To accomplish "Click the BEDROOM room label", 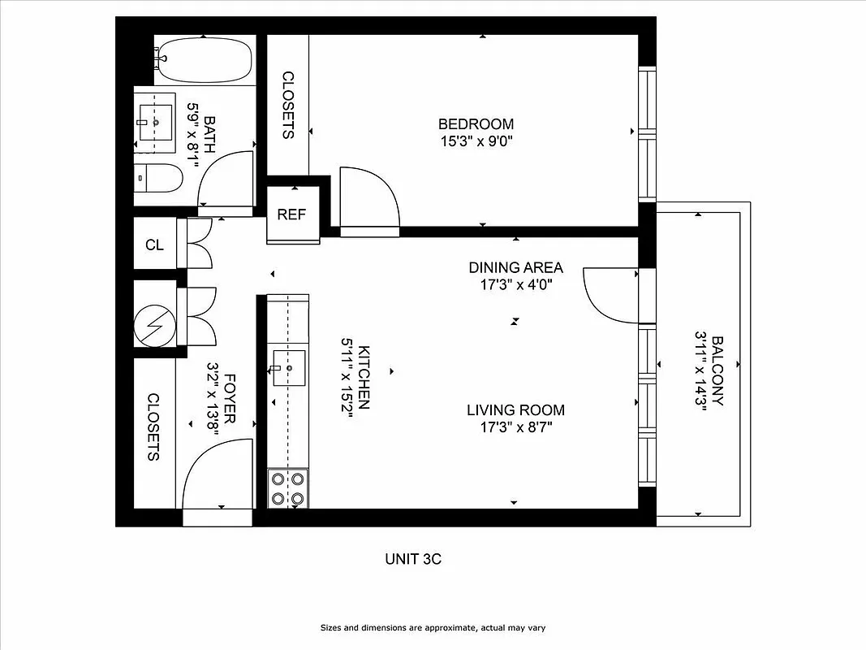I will click(476, 124).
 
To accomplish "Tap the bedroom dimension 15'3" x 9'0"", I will click(476, 141).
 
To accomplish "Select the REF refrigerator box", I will click(291, 214).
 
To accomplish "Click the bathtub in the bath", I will click(204, 58).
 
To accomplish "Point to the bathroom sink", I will click(154, 123).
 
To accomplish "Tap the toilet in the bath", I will click(159, 178).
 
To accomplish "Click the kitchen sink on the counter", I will click(288, 368).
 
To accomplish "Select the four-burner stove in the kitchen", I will click(288, 488).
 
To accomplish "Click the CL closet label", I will click(154, 244).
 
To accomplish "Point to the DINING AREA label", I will click(515, 267).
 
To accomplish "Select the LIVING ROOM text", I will click(515, 410).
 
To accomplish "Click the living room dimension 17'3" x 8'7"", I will click(515, 427).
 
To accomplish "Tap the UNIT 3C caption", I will click(412, 559).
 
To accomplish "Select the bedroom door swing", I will click(369, 201).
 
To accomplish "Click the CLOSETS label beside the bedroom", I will click(288, 105).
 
